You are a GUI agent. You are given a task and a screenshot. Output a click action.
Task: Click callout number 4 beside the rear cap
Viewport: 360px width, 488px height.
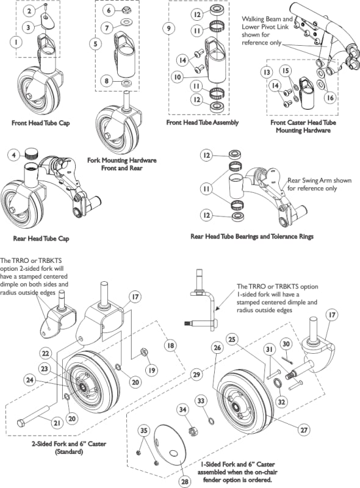pos(13,154)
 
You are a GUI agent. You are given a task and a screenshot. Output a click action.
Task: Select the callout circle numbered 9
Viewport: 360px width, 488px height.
pos(169,28)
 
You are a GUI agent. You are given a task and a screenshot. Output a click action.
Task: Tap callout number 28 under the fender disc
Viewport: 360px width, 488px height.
pos(185,481)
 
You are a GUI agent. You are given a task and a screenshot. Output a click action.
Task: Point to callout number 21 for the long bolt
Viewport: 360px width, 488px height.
pos(57,423)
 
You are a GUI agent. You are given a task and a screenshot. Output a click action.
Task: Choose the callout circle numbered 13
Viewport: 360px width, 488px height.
pos(267,72)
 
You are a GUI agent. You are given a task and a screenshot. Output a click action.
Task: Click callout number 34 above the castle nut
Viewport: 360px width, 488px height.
pos(183,409)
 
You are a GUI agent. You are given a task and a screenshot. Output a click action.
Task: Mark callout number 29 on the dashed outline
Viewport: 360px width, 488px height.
pos(196,374)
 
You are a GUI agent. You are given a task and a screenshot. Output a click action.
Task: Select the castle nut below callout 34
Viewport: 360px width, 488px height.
pos(193,432)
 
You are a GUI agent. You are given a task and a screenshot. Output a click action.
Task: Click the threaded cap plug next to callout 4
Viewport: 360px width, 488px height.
pos(31,153)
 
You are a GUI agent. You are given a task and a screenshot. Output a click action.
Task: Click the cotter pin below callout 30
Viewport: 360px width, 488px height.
pos(287,359)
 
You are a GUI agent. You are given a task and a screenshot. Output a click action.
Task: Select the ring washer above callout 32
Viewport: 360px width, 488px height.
pos(277,383)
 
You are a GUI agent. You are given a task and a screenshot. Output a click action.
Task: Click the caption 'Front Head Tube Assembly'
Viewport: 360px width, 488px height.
pos(203,123)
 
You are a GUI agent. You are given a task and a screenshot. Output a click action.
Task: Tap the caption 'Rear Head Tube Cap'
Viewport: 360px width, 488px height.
pos(41,239)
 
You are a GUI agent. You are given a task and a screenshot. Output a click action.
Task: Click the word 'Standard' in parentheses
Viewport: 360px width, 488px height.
pos(69,451)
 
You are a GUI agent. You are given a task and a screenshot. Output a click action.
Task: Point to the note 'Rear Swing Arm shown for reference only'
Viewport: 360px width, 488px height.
pos(319,184)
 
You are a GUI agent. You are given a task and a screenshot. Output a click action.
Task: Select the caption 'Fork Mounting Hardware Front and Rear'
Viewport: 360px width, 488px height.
pos(122,164)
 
